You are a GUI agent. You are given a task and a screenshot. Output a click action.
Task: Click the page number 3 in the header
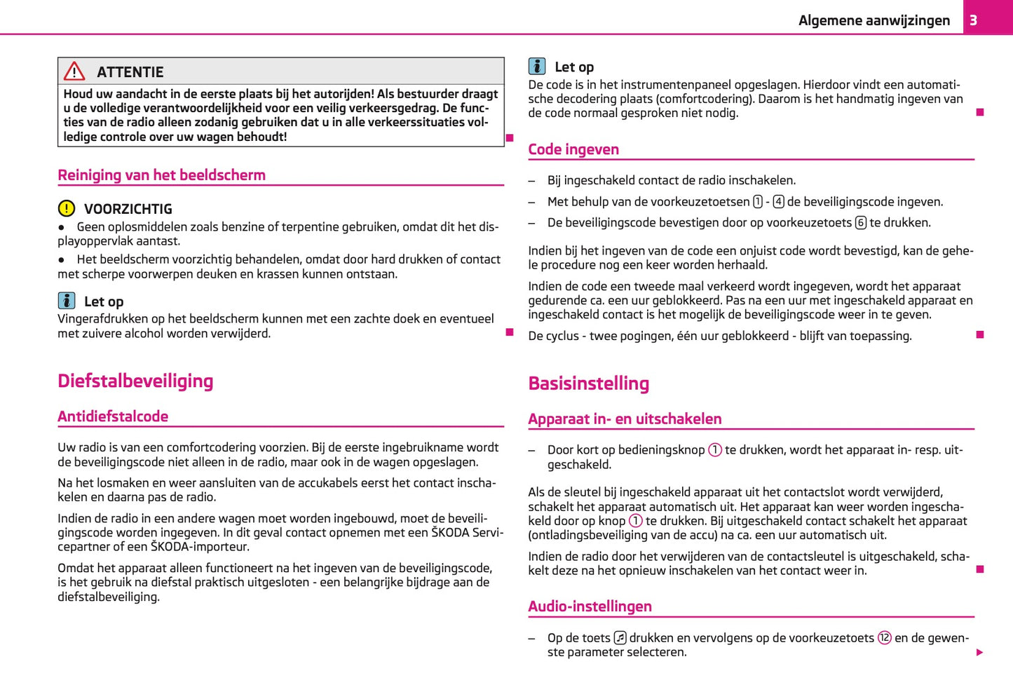(x=973, y=20)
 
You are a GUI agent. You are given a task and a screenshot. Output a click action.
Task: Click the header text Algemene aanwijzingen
(x=873, y=20)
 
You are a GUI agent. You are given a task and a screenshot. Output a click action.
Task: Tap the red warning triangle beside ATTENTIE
(x=74, y=72)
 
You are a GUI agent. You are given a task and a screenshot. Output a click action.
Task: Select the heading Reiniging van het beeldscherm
(x=161, y=175)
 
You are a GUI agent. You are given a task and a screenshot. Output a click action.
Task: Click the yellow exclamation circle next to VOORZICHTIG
(x=66, y=208)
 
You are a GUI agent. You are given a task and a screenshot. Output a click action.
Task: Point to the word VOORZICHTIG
(x=128, y=209)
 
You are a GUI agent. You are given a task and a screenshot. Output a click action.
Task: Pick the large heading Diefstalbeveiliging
(x=135, y=381)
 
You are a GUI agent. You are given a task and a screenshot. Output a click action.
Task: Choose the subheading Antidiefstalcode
(x=113, y=416)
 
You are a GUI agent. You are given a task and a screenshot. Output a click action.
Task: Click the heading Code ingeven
(x=573, y=149)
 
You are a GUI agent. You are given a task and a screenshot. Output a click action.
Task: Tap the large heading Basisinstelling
(x=588, y=384)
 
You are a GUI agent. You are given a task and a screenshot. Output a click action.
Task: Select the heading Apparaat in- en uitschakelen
(x=625, y=419)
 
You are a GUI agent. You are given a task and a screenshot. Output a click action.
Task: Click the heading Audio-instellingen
(x=590, y=606)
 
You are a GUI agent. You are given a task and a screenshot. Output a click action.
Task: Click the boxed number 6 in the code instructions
(x=860, y=223)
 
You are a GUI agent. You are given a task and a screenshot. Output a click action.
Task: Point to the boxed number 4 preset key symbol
(x=778, y=202)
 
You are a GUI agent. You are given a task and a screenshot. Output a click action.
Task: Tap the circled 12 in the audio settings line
(x=884, y=638)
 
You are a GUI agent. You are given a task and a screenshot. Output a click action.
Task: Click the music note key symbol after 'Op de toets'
(x=620, y=638)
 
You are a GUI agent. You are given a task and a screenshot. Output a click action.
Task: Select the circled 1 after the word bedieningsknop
(x=714, y=450)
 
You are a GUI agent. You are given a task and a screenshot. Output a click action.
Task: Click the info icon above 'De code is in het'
(x=537, y=67)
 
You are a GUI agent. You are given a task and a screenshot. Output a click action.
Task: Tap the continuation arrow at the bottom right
(x=979, y=653)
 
